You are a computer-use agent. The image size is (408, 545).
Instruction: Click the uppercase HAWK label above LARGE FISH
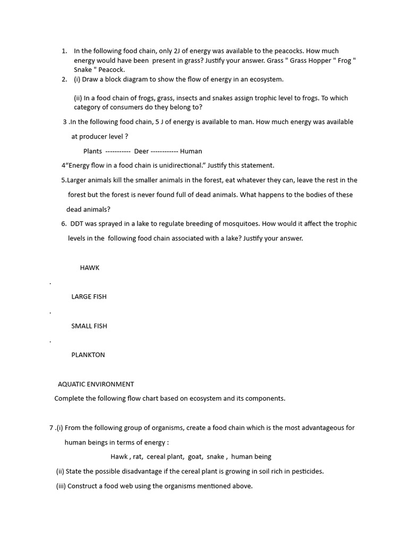pos(89,268)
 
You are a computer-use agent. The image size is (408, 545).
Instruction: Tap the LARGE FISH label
pos(89,296)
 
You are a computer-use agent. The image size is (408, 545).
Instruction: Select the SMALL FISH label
pos(89,326)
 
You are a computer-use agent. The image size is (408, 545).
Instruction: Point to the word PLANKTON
pos(88,355)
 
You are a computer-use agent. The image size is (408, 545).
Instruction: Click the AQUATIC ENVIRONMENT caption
pos(96,384)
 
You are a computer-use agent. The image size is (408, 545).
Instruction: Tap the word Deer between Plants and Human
pos(141,151)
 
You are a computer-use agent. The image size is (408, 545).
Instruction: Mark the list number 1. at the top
pos(64,51)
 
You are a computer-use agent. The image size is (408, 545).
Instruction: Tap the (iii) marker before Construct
pos(61,486)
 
